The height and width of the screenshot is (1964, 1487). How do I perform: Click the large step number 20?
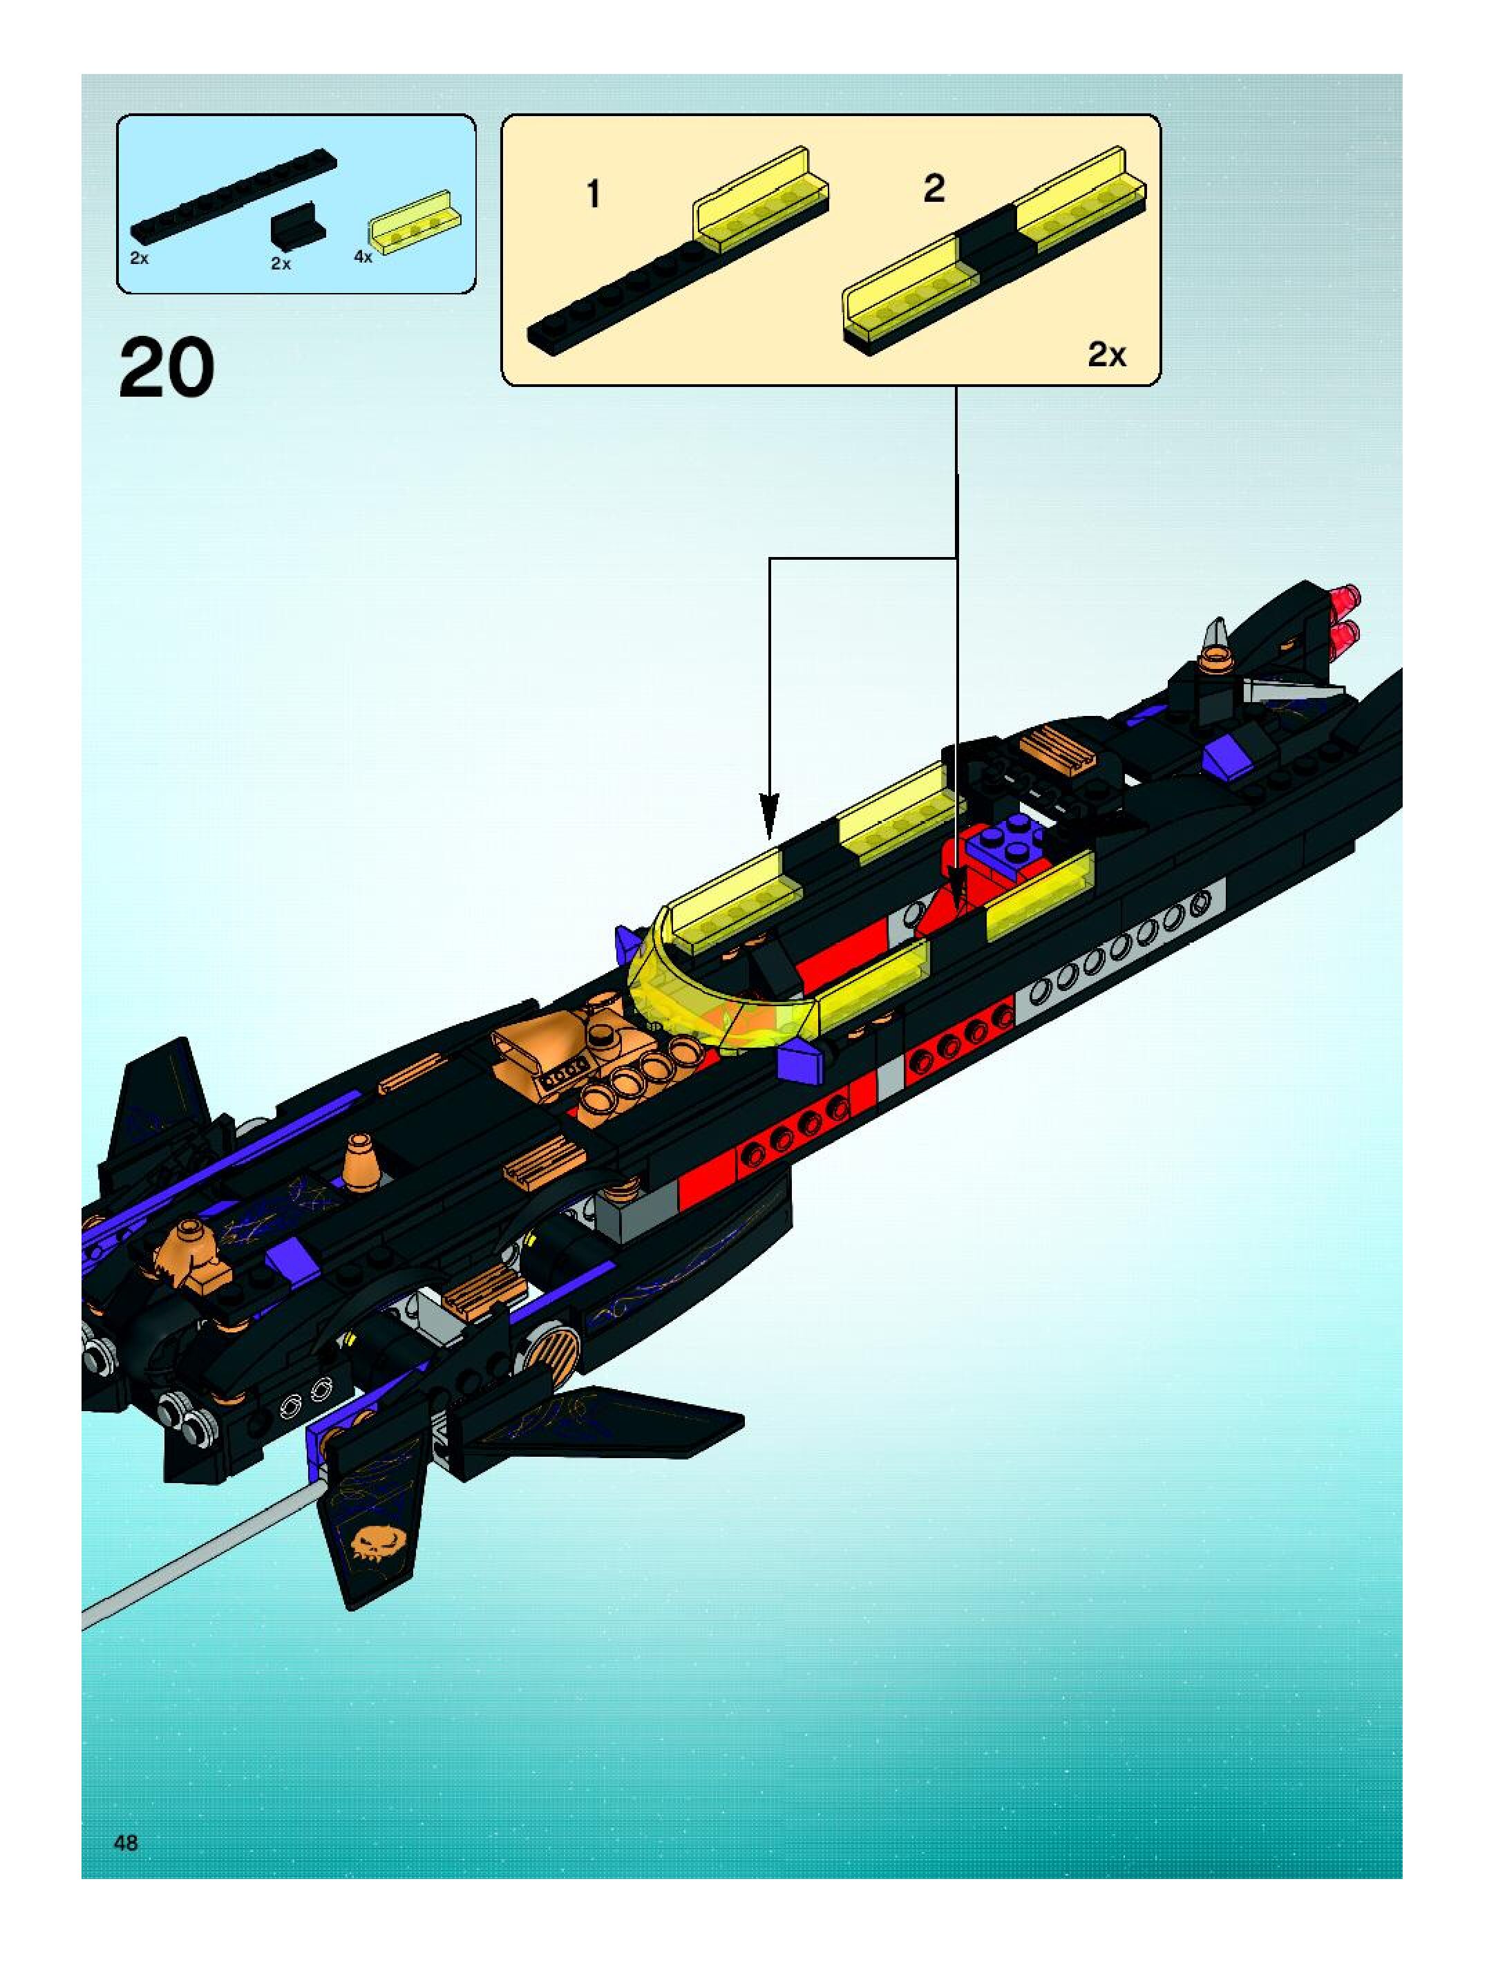coord(167,369)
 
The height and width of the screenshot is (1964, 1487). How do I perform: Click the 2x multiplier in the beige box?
coord(1107,355)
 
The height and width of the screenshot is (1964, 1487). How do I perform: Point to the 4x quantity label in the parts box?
coord(362,256)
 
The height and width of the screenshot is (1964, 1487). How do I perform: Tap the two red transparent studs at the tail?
coord(1343,618)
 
